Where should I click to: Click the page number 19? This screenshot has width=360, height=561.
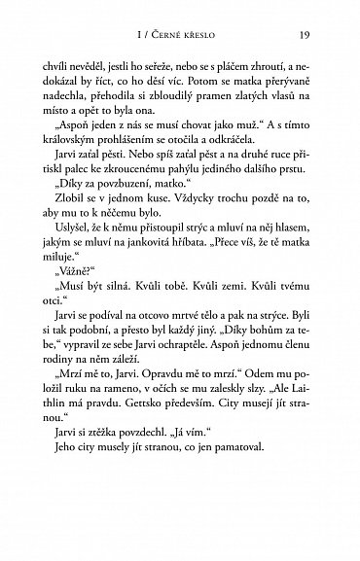304,38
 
